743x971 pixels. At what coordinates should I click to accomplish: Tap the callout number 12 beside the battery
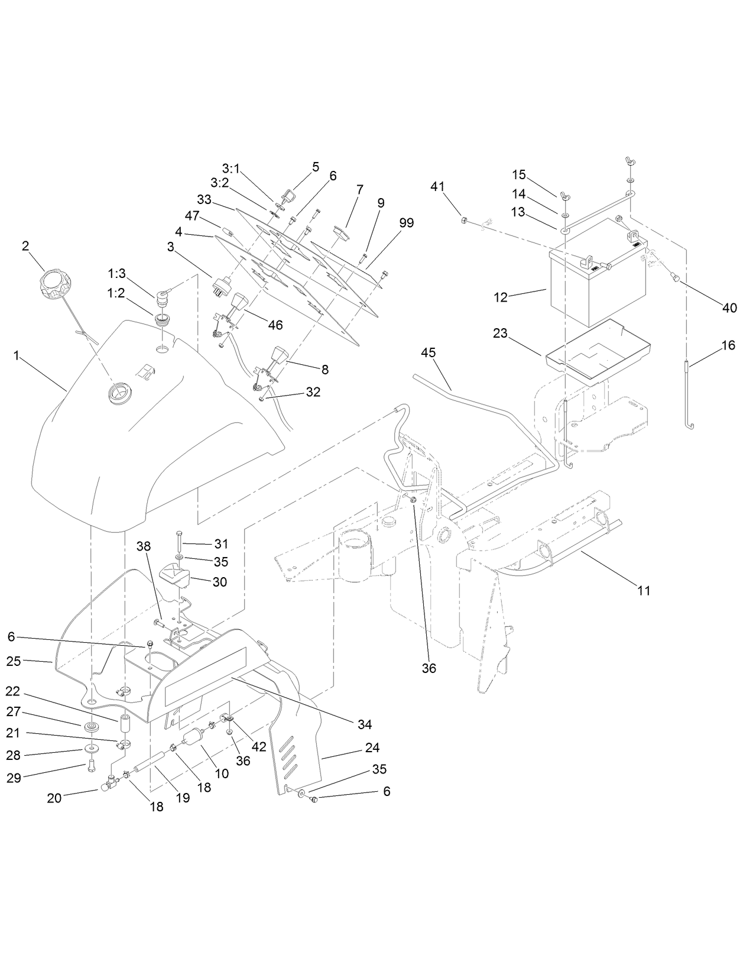coord(501,297)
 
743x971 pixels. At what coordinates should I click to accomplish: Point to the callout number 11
coord(644,590)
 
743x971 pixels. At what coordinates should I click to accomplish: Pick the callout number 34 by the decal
coord(365,724)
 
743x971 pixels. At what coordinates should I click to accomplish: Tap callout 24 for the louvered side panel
coord(372,747)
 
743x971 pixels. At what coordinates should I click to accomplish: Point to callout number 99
coord(406,223)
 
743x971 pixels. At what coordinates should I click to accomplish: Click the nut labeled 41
coord(464,221)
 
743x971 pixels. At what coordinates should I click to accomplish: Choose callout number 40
coord(729,308)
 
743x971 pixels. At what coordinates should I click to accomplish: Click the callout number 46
coord(275,325)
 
